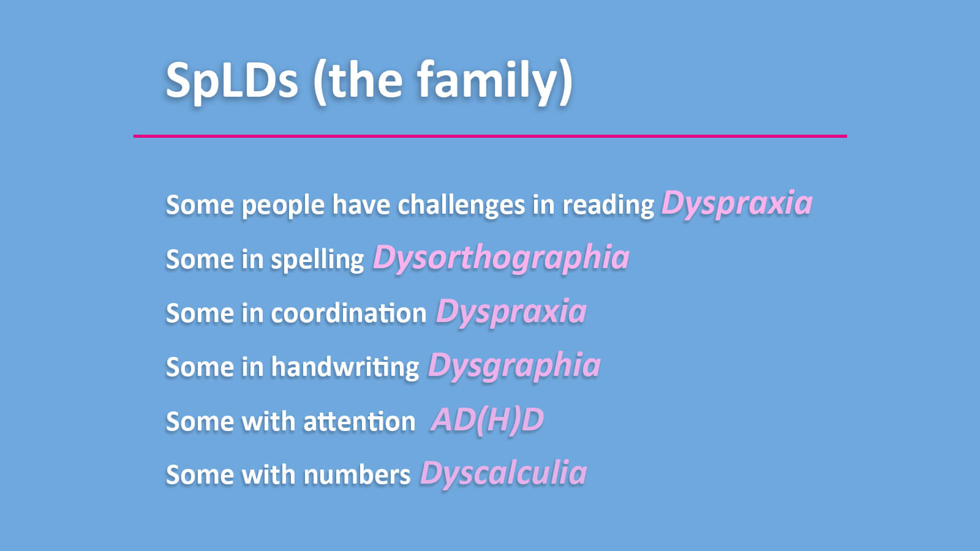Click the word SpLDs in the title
pyautogui.click(x=232, y=80)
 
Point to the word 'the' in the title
pyautogui.click(x=366, y=80)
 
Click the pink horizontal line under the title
pyautogui.click(x=490, y=136)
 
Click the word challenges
pyautogui.click(x=461, y=204)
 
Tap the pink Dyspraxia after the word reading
pyautogui.click(x=737, y=204)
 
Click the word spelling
pyautogui.click(x=317, y=260)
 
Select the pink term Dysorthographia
pyautogui.click(x=501, y=258)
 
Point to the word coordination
pyautogui.click(x=349, y=313)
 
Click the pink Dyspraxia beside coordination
pyautogui.click(x=511, y=312)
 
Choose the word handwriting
pyautogui.click(x=345, y=367)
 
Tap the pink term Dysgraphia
pyautogui.click(x=514, y=365)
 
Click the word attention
pyautogui.click(x=359, y=422)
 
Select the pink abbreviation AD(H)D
pyautogui.click(x=488, y=421)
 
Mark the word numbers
pyautogui.click(x=356, y=475)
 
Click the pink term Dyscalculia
pyautogui.click(x=503, y=473)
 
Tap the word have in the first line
pyautogui.click(x=361, y=204)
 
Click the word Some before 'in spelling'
pyautogui.click(x=200, y=260)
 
